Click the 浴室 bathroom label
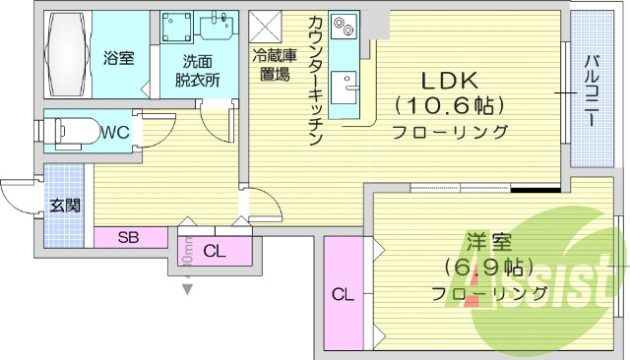pyautogui.click(x=118, y=57)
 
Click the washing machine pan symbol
pyautogui.click(x=178, y=32)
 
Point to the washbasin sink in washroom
pyautogui.click(x=217, y=28)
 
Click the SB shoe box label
pyautogui.click(x=128, y=237)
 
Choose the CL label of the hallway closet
pyautogui.click(x=215, y=252)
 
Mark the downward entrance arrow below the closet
pyautogui.click(x=186, y=288)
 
